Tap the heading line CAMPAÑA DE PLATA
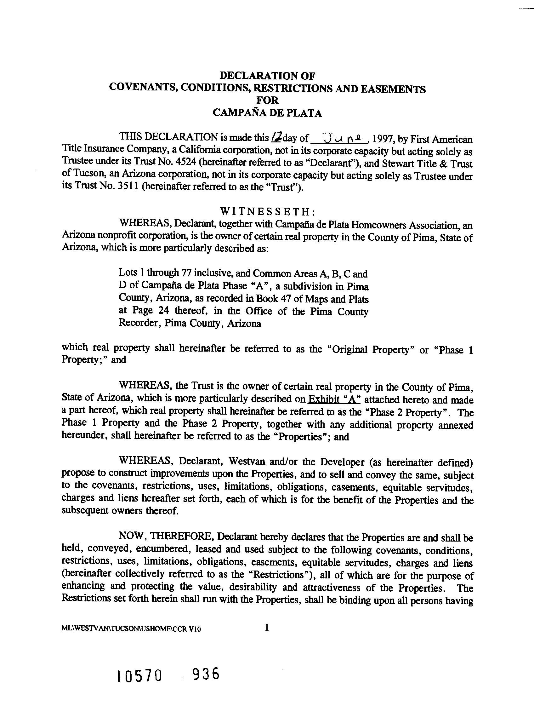coord(267,113)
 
